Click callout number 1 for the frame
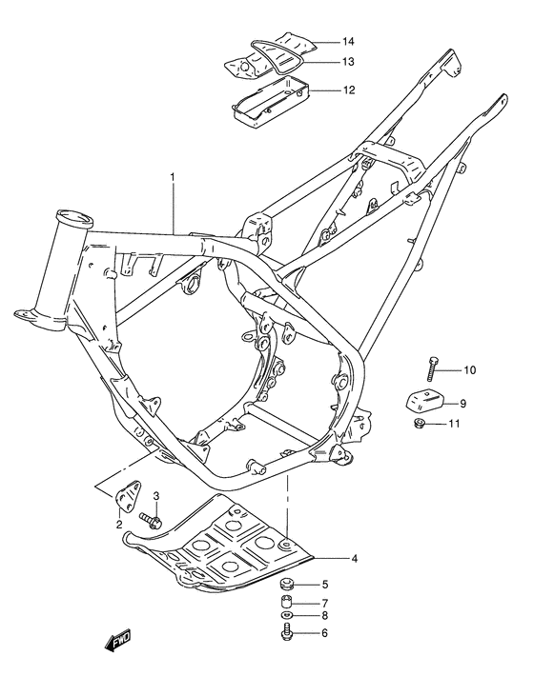pyautogui.click(x=173, y=177)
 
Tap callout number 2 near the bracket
pyautogui.click(x=119, y=524)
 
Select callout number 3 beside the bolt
pyautogui.click(x=156, y=496)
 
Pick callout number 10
pyautogui.click(x=469, y=369)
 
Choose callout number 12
pyautogui.click(x=322, y=90)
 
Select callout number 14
pyautogui.click(x=321, y=42)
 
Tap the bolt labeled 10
pyautogui.click(x=433, y=367)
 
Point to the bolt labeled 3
pyautogui.click(x=149, y=519)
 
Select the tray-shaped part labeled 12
pyautogui.click(x=268, y=99)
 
